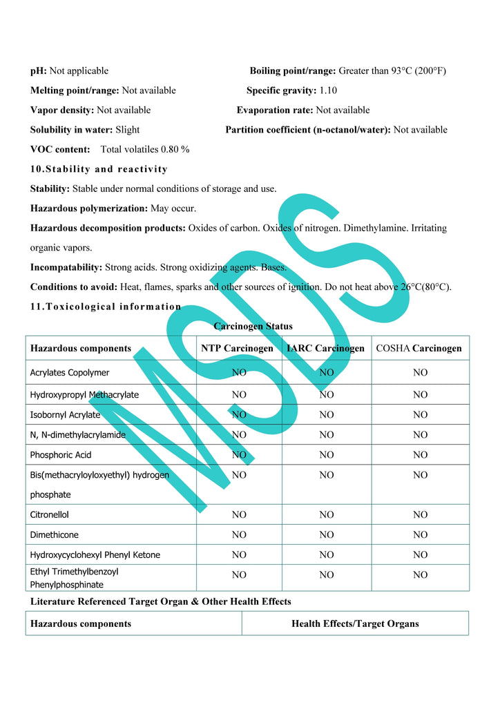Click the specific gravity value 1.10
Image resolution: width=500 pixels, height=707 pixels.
(x=328, y=90)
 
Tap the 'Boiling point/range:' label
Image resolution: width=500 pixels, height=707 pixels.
(x=292, y=70)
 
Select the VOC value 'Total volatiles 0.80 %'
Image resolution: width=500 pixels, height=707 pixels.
(x=145, y=149)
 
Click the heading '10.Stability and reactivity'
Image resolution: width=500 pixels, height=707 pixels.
(x=99, y=169)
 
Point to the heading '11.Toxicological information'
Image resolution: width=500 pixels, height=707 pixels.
(x=106, y=307)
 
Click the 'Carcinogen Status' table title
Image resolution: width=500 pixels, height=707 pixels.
(x=253, y=326)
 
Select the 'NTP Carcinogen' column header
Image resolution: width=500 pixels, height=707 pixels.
(x=237, y=348)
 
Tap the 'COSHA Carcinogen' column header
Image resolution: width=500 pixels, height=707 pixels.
(x=419, y=348)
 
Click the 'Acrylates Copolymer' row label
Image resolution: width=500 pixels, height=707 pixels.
(x=69, y=373)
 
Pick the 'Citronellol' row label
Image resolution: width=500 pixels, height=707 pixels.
(x=49, y=514)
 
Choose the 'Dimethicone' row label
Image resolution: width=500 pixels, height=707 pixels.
(x=54, y=534)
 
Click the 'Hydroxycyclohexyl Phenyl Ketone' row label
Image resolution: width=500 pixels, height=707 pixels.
(x=95, y=554)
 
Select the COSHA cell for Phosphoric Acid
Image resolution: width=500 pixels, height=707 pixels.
(x=420, y=455)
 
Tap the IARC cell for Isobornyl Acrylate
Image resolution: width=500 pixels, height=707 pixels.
(x=327, y=415)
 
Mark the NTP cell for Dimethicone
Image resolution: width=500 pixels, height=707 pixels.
(x=239, y=534)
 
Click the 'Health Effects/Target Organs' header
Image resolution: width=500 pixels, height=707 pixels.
(x=355, y=623)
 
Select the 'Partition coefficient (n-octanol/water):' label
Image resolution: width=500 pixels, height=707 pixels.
(x=308, y=130)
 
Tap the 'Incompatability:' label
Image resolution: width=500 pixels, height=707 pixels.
(x=66, y=267)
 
